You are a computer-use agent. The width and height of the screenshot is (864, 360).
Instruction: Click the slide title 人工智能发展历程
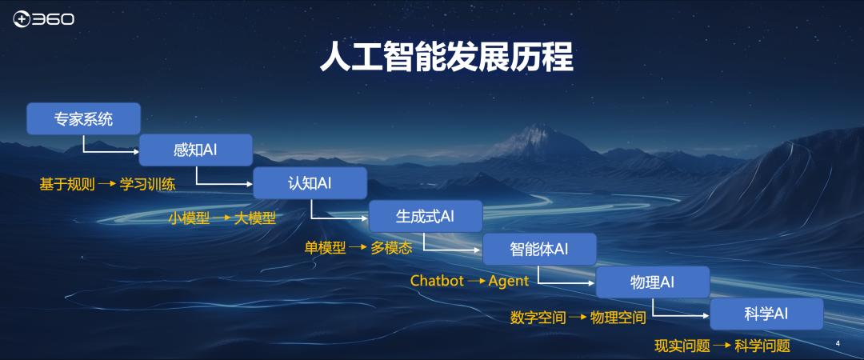[x=446, y=58]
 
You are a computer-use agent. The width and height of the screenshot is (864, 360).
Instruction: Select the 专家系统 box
[x=83, y=119]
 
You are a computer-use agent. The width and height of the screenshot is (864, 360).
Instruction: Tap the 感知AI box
[x=196, y=150]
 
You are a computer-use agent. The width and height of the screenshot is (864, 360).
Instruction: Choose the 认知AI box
[x=310, y=183]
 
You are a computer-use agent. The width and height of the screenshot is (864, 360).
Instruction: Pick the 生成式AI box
[x=425, y=216]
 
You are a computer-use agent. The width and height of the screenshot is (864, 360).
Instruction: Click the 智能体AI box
[x=539, y=249]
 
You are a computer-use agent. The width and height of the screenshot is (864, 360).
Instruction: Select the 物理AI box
[x=653, y=282]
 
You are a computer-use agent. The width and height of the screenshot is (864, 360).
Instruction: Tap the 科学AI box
[x=766, y=314]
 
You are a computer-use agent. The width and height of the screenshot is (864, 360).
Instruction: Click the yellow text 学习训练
[x=148, y=185]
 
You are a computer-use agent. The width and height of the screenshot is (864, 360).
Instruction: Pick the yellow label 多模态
[x=391, y=248]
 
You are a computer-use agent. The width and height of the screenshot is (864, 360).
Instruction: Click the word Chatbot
[x=437, y=281]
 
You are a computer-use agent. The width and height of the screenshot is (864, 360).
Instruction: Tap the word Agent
[x=509, y=281]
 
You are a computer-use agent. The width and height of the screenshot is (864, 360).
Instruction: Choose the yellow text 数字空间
[x=538, y=318]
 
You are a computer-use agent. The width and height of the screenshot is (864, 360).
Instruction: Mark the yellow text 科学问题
[x=762, y=346]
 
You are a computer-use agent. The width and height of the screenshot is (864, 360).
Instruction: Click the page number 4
[x=838, y=343]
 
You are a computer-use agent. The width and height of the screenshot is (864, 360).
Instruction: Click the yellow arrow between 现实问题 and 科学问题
[x=722, y=346]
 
